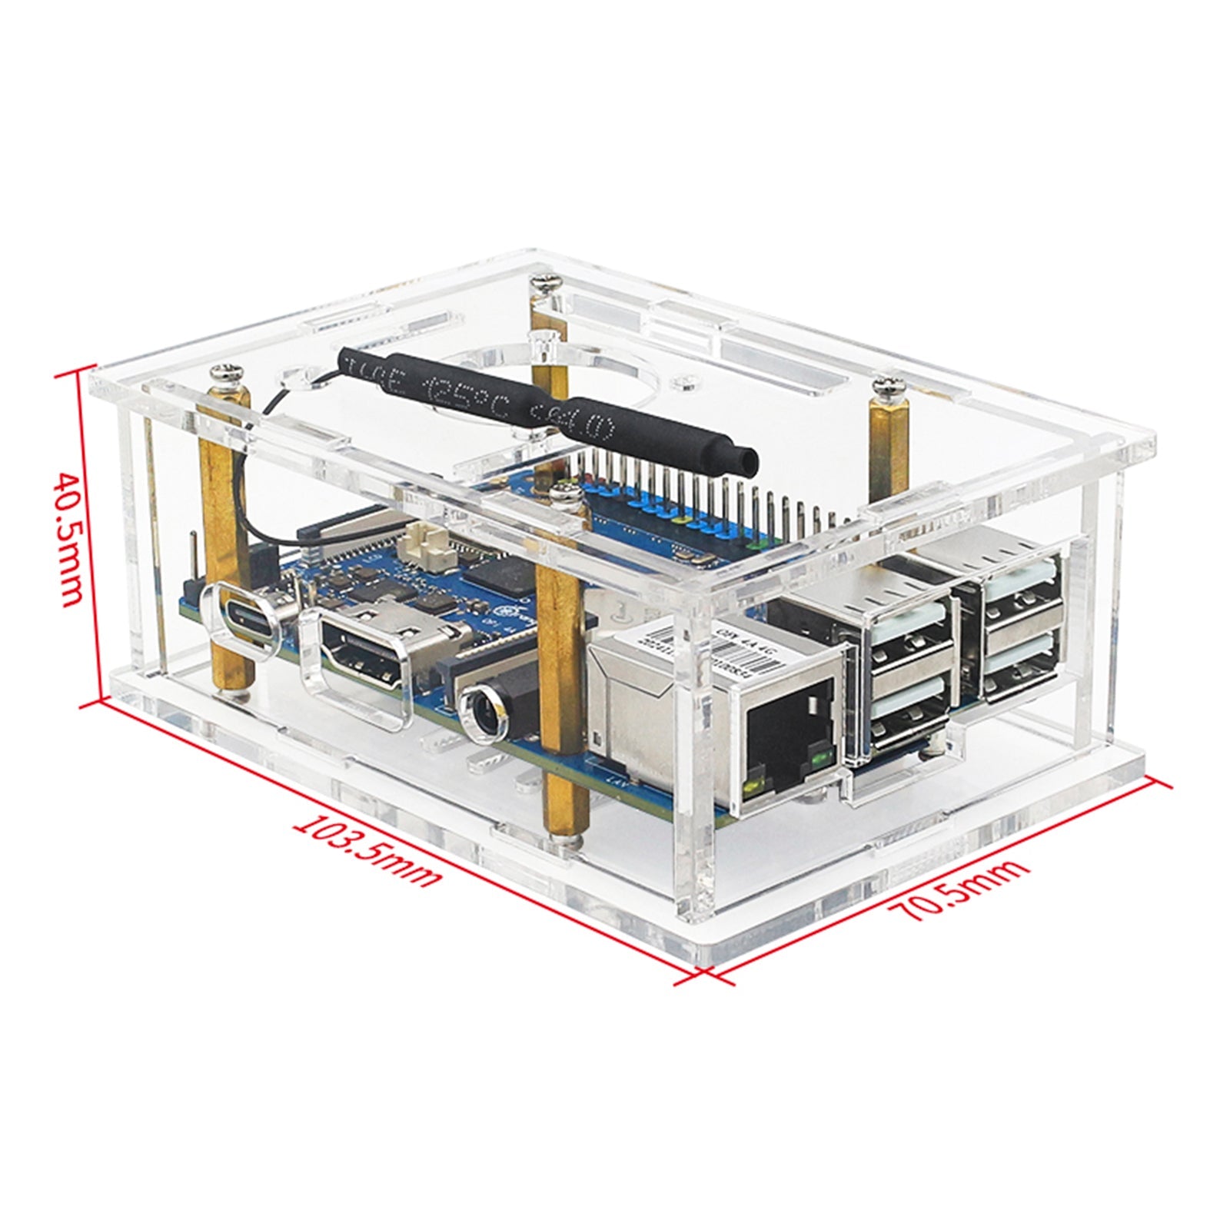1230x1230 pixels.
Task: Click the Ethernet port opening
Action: (787, 727)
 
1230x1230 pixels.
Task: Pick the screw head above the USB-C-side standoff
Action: (229, 375)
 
